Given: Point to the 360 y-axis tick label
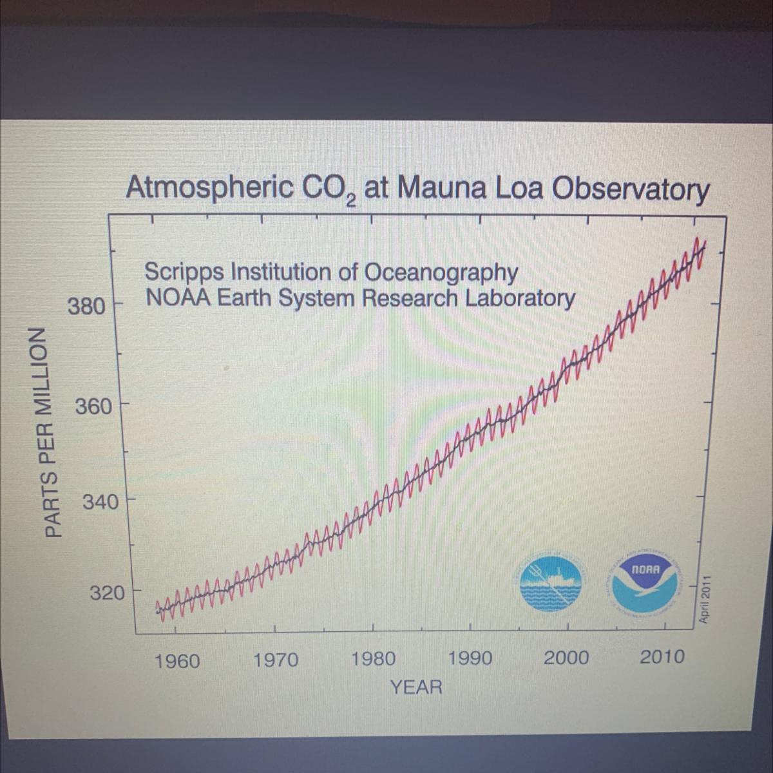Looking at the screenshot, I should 93,407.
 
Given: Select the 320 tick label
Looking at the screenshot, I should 106,593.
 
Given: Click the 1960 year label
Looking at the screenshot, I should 178,661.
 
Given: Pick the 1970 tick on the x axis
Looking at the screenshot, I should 276,660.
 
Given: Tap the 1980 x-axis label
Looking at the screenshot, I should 374,660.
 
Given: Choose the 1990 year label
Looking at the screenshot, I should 470,659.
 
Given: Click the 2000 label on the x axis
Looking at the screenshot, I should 566,658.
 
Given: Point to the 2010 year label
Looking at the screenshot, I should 662,657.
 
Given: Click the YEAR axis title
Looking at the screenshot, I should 416,687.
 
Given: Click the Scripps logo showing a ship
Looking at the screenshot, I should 550,581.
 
